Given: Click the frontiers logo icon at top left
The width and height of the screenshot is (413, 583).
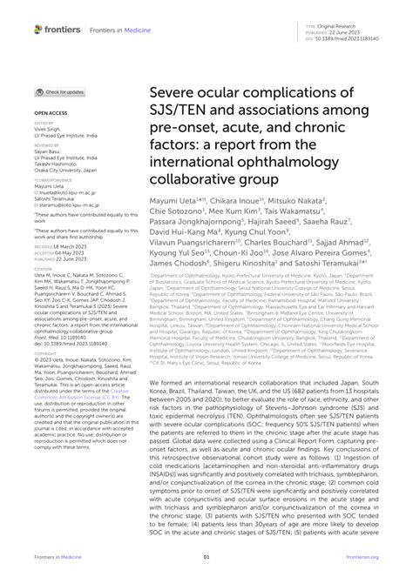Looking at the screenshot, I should (x=40, y=29).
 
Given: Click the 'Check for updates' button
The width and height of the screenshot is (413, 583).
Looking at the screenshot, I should (x=60, y=91).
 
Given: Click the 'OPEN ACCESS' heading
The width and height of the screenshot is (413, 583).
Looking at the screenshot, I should (x=51, y=113).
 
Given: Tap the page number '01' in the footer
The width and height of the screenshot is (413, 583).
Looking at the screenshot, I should (x=206, y=558).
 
